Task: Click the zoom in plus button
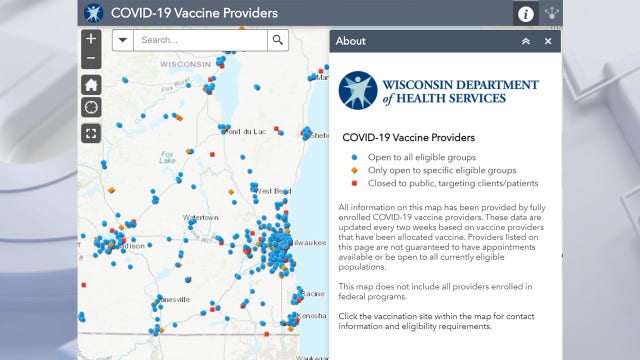91,39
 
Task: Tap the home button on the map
91,84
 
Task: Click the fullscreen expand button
91,132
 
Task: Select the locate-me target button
91,107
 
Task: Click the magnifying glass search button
277,40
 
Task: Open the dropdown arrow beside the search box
122,40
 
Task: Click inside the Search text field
200,40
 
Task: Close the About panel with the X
548,41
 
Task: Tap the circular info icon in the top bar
526,14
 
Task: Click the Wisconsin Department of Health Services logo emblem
357,89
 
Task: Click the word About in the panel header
351,41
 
